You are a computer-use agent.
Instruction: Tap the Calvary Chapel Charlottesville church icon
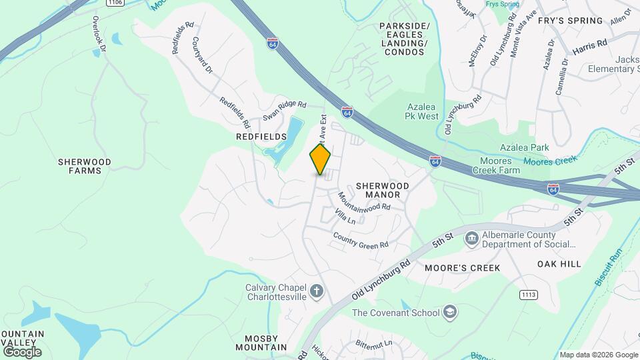[317, 291]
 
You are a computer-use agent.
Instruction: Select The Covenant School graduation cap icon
[451, 313]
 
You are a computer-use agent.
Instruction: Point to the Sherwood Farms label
[84, 166]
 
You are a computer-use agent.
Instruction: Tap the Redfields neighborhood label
[261, 136]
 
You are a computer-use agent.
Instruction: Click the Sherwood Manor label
[378, 190]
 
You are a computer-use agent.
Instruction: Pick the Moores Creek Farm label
[495, 166]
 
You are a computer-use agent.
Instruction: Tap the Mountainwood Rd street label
[363, 202]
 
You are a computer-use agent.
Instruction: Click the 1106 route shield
[114, 3]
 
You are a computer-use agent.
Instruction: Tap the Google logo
[22, 351]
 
